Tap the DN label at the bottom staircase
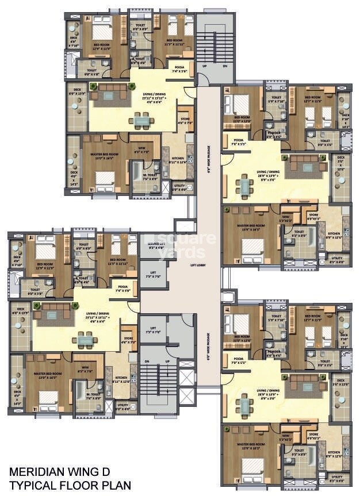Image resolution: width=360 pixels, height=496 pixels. click(x=147, y=362)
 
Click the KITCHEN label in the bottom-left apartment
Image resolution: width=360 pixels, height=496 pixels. click(x=123, y=379)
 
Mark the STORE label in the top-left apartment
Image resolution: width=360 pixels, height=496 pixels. click(x=184, y=120)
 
